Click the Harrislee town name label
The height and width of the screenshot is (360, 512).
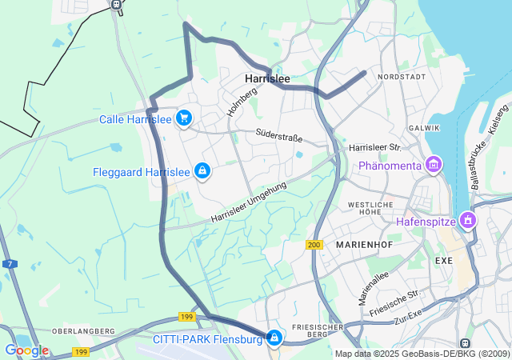(267, 78)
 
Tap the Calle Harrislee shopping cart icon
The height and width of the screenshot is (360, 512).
(185, 118)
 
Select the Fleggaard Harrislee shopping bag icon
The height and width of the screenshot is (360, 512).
(203, 171)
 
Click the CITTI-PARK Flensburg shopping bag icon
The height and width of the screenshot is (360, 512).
(275, 339)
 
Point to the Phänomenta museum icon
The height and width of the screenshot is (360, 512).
(434, 166)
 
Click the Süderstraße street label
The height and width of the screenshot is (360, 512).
(279, 134)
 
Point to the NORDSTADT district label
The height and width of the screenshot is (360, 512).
(402, 77)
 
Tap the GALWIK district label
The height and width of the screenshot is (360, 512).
(424, 128)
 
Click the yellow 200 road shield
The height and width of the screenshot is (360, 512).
(314, 244)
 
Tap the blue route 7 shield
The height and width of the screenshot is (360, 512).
(9, 263)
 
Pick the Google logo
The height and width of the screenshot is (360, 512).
(26, 350)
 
